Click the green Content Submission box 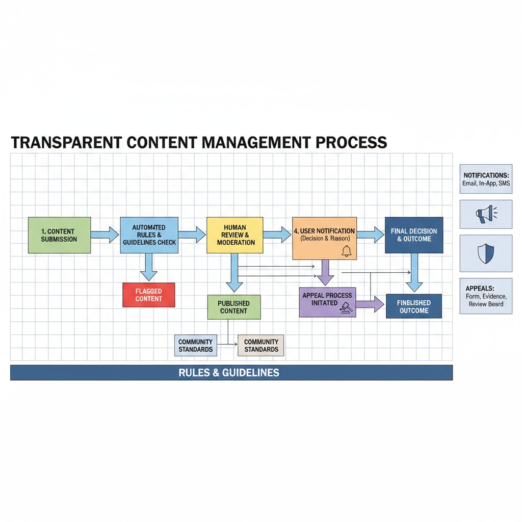tap(60, 235)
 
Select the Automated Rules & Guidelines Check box tap(149, 235)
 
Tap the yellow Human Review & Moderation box tap(235, 235)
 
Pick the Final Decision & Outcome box tap(414, 235)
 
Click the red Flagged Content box tap(149, 295)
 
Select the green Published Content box tap(234, 307)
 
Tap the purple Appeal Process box tap(327, 302)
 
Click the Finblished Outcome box tap(414, 306)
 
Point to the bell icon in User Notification tap(347, 251)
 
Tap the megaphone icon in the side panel tap(485, 214)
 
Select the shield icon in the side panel tap(485, 253)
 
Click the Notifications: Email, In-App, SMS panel tap(486, 179)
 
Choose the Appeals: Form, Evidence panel tap(486, 296)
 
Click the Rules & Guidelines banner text tap(229, 373)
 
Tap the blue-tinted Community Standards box tap(196, 345)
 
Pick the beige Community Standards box tap(261, 345)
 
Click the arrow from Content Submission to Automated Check tap(105, 235)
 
